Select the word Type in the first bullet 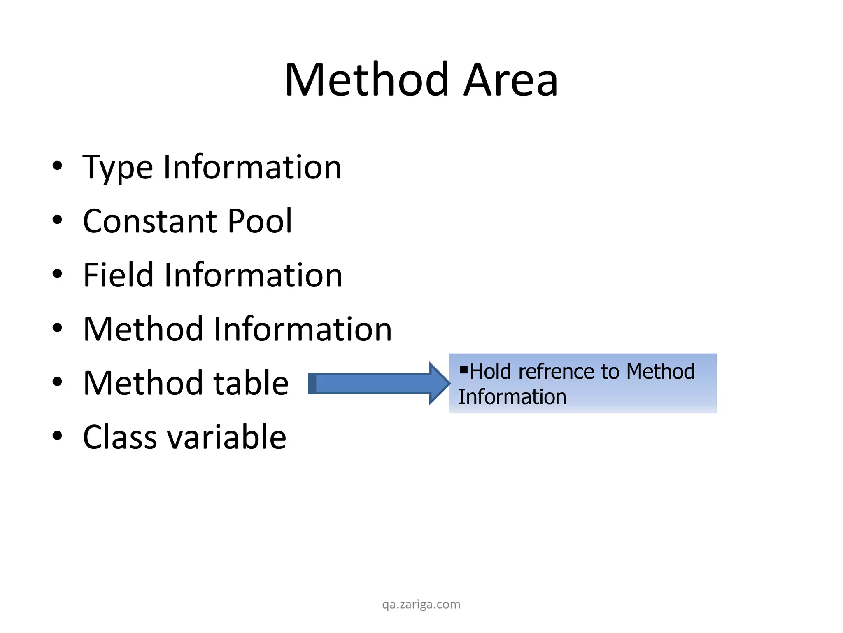click(x=118, y=167)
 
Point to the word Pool click(x=259, y=221)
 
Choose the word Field click(x=119, y=275)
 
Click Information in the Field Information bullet click(x=253, y=275)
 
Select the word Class click(x=120, y=437)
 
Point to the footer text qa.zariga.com click(x=421, y=604)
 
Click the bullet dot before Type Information click(x=57, y=166)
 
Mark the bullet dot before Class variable click(x=57, y=436)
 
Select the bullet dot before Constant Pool click(x=57, y=220)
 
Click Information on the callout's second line click(x=512, y=397)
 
